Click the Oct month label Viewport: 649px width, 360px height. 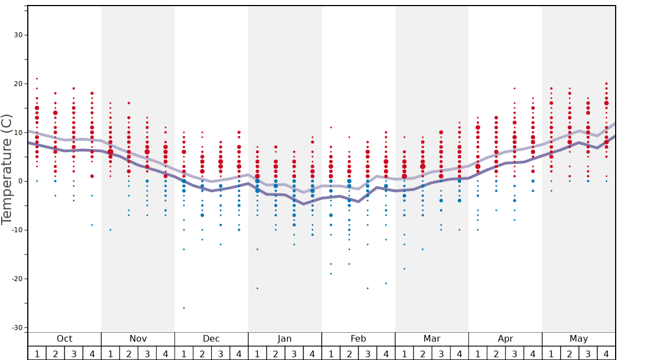pos(64,339)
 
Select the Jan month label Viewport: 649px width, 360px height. pos(284,339)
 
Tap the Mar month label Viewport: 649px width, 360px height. pos(432,339)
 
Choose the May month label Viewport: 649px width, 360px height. pos(578,339)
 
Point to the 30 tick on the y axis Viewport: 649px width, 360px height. pos(18,35)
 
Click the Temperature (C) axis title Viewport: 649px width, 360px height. pos(7,169)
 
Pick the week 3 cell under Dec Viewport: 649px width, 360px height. pos(221,353)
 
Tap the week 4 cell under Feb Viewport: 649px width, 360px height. pos(386,353)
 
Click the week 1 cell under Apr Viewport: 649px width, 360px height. pos(478,353)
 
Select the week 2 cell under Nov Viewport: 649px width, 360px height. pos(129,353)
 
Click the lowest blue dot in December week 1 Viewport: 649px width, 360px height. pos(184,308)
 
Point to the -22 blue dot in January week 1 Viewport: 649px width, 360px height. pos(257,288)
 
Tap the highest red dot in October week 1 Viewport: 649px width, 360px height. pos(37,78)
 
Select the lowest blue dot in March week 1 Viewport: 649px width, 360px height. pos(405,269)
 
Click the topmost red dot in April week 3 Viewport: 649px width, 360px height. pos(515,88)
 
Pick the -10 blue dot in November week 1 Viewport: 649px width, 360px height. pos(111,230)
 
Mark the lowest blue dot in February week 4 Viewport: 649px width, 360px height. pos(386,283)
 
